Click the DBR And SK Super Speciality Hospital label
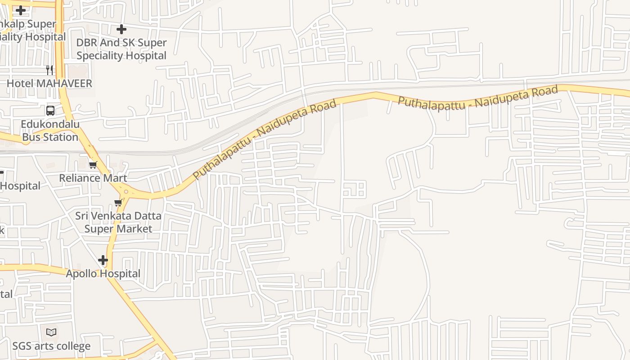tap(121, 49)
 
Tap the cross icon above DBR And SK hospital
tap(121, 30)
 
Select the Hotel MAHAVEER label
tap(49, 83)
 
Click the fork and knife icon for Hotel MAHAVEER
tap(49, 70)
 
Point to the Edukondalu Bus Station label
tap(50, 130)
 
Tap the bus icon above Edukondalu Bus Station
tap(50, 110)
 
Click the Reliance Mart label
tap(93, 178)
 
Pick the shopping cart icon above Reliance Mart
tap(93, 165)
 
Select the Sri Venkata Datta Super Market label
tap(118, 222)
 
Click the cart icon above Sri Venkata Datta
tap(118, 202)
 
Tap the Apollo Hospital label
tap(103, 274)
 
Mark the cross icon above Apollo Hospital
tap(103, 260)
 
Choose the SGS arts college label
tap(51, 346)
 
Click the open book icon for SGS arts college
tap(51, 333)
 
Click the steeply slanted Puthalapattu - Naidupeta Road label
tap(265, 139)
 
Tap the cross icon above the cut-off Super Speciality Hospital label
tap(21, 10)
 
